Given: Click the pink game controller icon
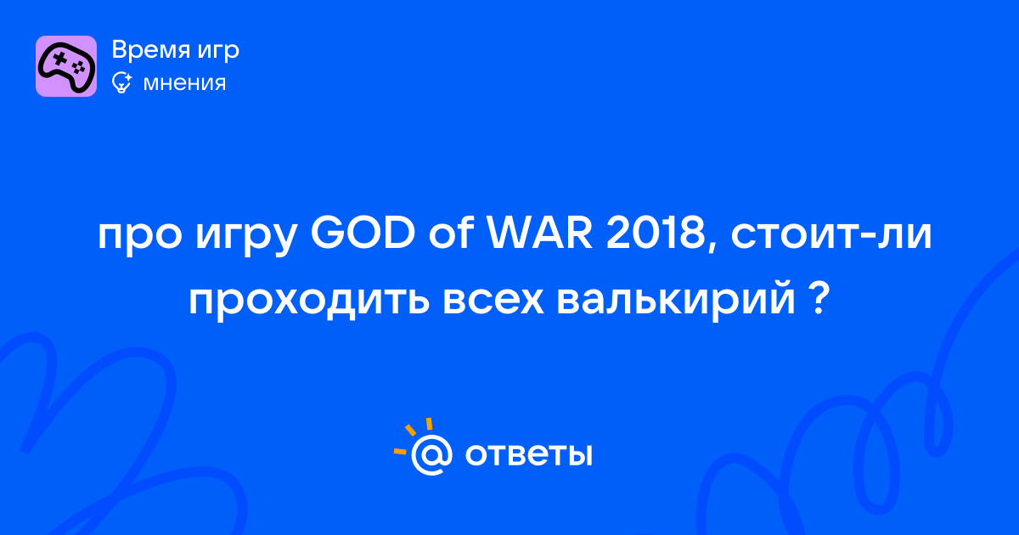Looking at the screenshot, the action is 66,66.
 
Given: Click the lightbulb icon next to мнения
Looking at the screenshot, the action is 121,83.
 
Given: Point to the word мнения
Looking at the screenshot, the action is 184,84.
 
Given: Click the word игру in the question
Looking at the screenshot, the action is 246,239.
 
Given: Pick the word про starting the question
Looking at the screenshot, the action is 140,239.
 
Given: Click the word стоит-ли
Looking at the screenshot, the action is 831,236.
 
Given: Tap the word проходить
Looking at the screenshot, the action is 309,301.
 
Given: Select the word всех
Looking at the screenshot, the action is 493,301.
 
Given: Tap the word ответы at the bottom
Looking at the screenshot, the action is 528,454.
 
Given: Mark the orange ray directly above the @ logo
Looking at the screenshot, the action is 429,424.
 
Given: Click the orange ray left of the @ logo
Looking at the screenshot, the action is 400,451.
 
